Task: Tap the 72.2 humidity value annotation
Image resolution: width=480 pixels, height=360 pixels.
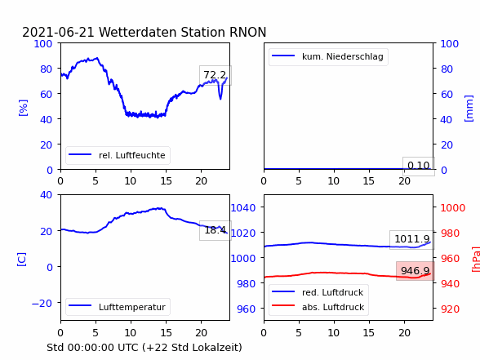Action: click(216, 75)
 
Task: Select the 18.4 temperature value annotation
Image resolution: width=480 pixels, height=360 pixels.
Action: click(216, 230)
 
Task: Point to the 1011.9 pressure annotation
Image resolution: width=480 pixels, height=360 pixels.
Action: click(411, 239)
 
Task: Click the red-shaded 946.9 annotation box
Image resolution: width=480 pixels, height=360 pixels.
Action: click(415, 271)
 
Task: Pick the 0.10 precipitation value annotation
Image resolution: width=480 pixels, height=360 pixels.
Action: click(418, 166)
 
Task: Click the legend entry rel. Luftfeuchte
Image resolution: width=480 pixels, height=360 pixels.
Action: click(118, 155)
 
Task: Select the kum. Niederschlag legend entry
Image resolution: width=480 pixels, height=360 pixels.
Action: click(328, 56)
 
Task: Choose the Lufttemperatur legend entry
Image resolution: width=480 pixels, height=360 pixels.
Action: click(118, 307)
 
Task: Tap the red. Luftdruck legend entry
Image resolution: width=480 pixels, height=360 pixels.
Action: click(318, 292)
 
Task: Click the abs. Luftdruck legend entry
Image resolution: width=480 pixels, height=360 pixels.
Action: click(318, 307)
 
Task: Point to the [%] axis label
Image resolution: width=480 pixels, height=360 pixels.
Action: click(23, 108)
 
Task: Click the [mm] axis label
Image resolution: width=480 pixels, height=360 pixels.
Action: click(469, 109)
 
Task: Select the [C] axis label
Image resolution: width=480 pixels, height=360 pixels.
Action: click(22, 260)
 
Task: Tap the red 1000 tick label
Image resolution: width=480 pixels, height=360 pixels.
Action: click(453, 208)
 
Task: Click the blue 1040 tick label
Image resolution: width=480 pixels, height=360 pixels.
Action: click(243, 208)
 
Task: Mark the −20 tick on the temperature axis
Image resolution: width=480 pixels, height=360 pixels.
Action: click(42, 304)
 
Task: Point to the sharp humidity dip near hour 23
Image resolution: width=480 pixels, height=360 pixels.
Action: click(220, 98)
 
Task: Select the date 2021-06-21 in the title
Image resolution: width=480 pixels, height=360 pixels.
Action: click(58, 32)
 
